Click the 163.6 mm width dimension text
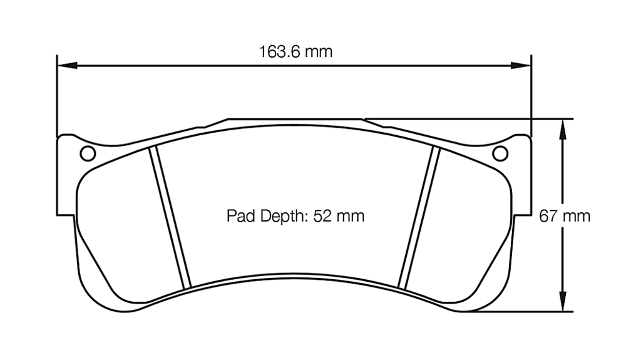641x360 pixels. coord(295,51)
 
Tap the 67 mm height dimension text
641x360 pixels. coord(565,216)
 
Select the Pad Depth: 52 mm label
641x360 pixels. coord(295,217)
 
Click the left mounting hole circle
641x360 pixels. coord(88,153)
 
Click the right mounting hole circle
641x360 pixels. coord(500,153)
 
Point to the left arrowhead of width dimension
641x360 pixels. coord(66,64)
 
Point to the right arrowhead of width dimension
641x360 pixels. coord(522,64)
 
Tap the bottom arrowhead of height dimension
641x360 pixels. coord(563,302)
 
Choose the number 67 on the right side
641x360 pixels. coord(548,216)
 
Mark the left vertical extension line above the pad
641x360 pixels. coord(57,94)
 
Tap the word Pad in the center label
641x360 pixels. coord(238,217)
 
